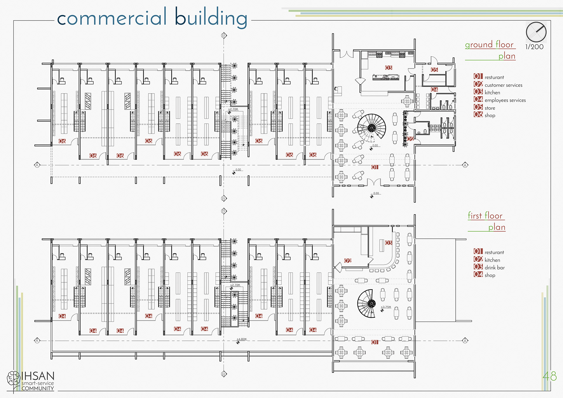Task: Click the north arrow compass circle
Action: coord(536,32)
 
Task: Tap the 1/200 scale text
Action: coord(534,47)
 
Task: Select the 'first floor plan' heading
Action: coord(486,221)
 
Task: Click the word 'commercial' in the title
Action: coord(112,18)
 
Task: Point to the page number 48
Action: coord(549,376)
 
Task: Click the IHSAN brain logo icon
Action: coord(13,378)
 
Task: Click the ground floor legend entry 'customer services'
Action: coord(503,85)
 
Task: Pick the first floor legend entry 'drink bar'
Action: coord(494,267)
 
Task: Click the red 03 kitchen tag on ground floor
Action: coord(389,68)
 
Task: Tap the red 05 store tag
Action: coord(434,70)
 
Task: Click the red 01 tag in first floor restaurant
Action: coord(375,342)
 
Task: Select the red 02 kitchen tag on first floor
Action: coord(348,261)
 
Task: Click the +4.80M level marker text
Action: coord(242,339)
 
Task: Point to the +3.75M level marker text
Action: coord(386,307)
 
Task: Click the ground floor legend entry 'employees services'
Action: coord(505,100)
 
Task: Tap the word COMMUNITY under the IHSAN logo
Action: coord(38,388)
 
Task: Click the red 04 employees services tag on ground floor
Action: coord(434,89)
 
